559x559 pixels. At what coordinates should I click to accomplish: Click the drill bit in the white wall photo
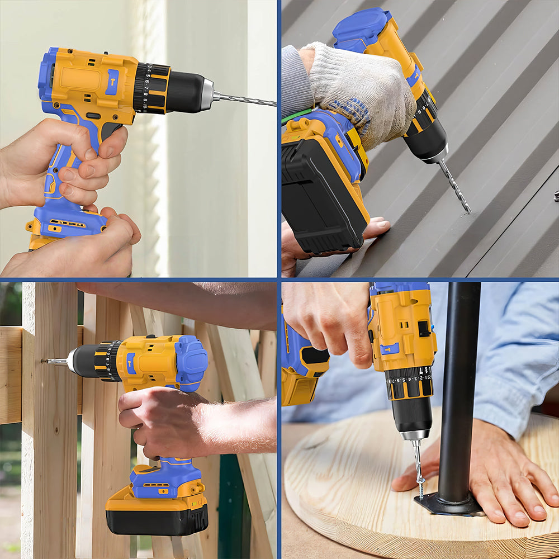[246, 100]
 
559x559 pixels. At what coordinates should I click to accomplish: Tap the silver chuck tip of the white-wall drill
[207, 94]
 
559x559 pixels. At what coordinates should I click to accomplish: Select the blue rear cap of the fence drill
[191, 363]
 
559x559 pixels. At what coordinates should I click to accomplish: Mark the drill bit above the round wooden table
[417, 464]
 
